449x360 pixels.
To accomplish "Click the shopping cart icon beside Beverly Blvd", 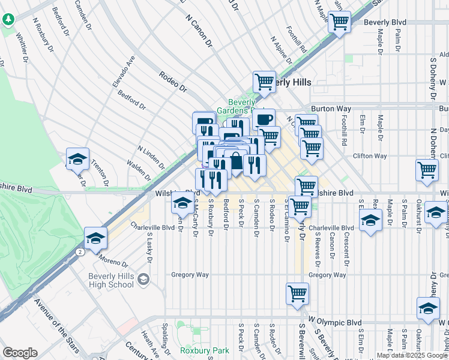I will pos(339,23).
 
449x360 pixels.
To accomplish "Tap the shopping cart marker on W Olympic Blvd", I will pos(298,293).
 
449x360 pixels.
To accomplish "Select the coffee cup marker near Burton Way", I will pos(263,118).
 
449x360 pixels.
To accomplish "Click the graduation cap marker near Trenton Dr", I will pos(77,159).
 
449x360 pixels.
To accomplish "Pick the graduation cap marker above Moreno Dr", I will pos(95,238).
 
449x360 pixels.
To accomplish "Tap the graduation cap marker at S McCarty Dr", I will pos(182,203).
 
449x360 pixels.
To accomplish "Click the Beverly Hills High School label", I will pos(112,280).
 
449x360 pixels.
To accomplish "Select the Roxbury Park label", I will pos(196,349).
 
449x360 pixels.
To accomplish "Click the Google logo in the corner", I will pos(20,353).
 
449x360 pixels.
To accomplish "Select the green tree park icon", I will pos(8,20).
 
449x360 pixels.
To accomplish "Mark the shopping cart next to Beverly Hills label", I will pos(264,82).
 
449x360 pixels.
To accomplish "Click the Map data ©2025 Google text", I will pos(412,355).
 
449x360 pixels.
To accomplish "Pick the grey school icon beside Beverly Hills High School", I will pos(143,279).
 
